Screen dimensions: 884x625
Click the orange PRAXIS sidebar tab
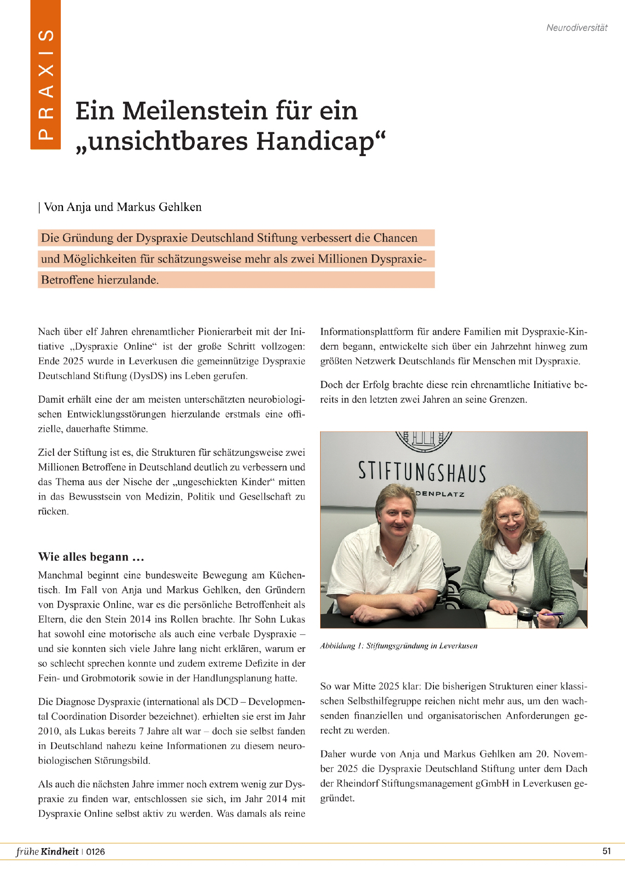[45, 75]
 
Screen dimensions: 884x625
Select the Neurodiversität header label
[577, 28]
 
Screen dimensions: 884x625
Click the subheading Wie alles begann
[91, 557]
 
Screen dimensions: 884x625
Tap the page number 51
[606, 851]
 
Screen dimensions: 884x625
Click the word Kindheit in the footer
[59, 851]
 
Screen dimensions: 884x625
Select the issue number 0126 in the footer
[95, 852]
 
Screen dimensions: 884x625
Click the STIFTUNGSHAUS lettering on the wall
[422, 472]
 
